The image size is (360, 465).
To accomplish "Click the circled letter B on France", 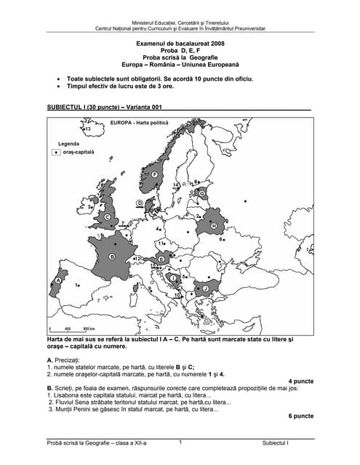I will (112, 256).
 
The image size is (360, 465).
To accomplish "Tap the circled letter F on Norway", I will (155, 175).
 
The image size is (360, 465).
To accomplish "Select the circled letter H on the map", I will (213, 226).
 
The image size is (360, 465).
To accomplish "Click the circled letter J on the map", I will (206, 288).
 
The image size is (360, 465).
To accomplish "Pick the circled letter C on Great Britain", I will (107, 217).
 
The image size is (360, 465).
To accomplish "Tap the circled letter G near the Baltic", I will (201, 193).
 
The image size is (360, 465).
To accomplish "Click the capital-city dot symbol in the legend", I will (56, 153).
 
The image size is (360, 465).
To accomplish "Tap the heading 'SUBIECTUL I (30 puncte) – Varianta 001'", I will (107, 107).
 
